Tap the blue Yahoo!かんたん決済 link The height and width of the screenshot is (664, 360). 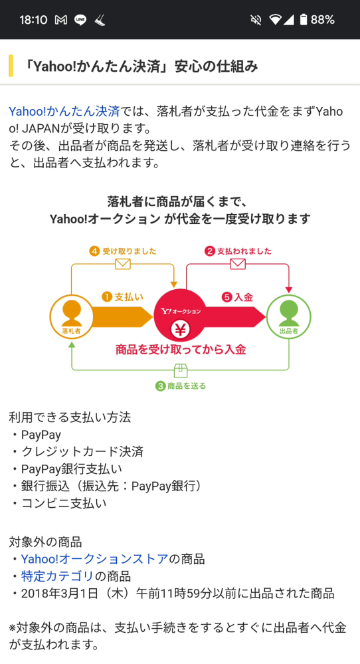coord(64,112)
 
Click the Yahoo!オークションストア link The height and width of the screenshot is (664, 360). coord(95,559)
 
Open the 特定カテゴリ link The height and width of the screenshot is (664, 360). coord(57,576)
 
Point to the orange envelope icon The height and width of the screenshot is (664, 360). coord(123,265)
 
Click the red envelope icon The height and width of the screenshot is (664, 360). coord(238,265)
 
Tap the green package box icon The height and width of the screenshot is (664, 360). coord(181,370)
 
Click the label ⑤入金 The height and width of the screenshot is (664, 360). coord(237,297)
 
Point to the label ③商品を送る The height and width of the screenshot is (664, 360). coord(181,386)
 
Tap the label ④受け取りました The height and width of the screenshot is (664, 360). coord(123,251)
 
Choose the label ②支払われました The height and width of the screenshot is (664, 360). coord(238,251)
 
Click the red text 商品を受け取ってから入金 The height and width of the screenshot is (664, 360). coord(181,350)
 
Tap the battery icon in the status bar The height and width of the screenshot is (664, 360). coord(304,19)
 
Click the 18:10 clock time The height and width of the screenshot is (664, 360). coord(33,19)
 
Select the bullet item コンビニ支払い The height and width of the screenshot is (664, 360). coord(58,503)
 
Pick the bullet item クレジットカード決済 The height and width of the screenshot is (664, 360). coord(76,451)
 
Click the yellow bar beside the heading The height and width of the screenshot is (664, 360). coord(11,66)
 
